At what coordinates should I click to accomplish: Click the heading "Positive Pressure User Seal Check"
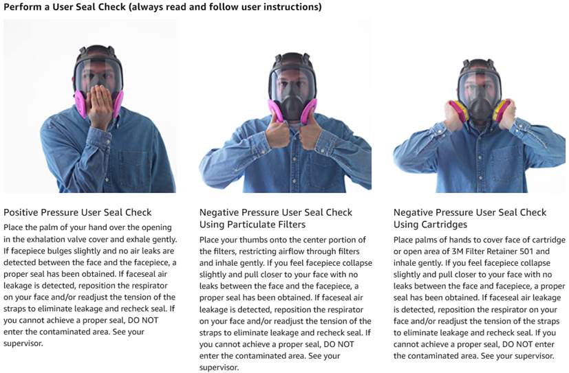(x=78, y=212)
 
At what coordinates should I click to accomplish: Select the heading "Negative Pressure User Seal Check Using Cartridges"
(x=470, y=218)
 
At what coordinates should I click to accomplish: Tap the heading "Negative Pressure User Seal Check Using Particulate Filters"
(x=276, y=218)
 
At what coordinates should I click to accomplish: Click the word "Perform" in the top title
(x=23, y=7)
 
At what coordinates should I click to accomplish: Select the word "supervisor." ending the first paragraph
(x=23, y=343)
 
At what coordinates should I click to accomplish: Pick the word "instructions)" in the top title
(x=295, y=7)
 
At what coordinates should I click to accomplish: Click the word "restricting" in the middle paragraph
(x=243, y=251)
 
